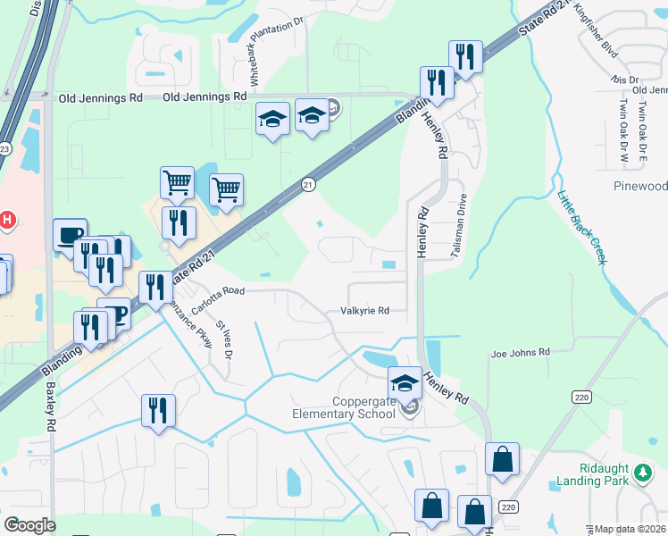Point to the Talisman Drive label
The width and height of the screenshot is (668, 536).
[462, 225]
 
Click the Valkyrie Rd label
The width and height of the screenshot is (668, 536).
[364, 311]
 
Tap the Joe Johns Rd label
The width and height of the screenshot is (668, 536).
[520, 353]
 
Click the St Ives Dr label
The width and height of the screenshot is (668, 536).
[224, 341]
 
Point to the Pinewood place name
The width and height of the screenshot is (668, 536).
[640, 186]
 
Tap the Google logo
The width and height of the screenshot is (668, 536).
[29, 525]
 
